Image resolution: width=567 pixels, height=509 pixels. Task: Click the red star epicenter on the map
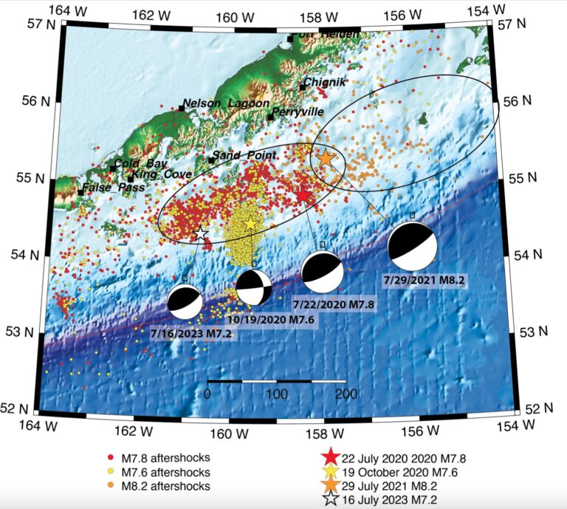click(x=303, y=195)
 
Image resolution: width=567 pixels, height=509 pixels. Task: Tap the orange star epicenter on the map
click(x=326, y=157)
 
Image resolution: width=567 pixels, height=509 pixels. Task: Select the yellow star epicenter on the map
click(x=250, y=223)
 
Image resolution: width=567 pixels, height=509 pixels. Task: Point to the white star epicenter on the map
click(x=200, y=233)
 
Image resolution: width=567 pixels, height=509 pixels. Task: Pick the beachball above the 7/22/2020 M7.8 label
click(x=323, y=272)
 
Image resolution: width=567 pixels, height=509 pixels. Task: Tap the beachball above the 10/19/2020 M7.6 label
click(x=254, y=287)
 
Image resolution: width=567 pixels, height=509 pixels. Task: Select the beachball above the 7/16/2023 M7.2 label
click(x=185, y=301)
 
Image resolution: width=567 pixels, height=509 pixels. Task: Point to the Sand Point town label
click(x=244, y=155)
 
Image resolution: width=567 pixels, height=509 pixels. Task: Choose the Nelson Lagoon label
click(x=226, y=103)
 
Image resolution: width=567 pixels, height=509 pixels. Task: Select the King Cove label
click(x=162, y=174)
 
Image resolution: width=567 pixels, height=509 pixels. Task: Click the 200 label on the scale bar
click(x=345, y=394)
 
